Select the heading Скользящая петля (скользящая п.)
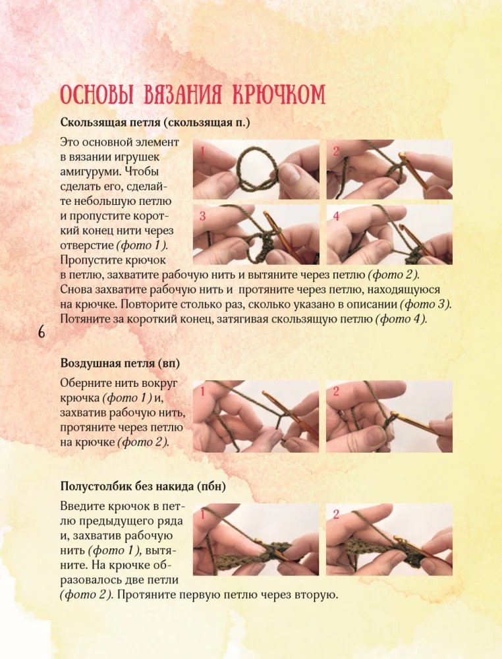(155, 123)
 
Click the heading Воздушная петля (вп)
(120, 363)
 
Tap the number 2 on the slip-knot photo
(336, 152)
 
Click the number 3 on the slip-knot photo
(202, 216)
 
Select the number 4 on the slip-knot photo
(336, 216)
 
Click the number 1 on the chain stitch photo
(202, 391)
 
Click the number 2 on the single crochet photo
(336, 515)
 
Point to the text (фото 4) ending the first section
(401, 319)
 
